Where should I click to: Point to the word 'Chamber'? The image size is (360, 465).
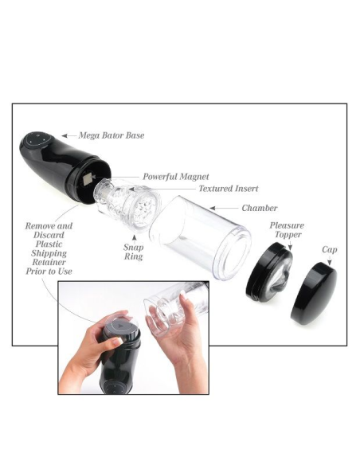click(260, 208)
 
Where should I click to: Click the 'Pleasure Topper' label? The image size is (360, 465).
click(286, 230)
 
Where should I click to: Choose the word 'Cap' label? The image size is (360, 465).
click(329, 249)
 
